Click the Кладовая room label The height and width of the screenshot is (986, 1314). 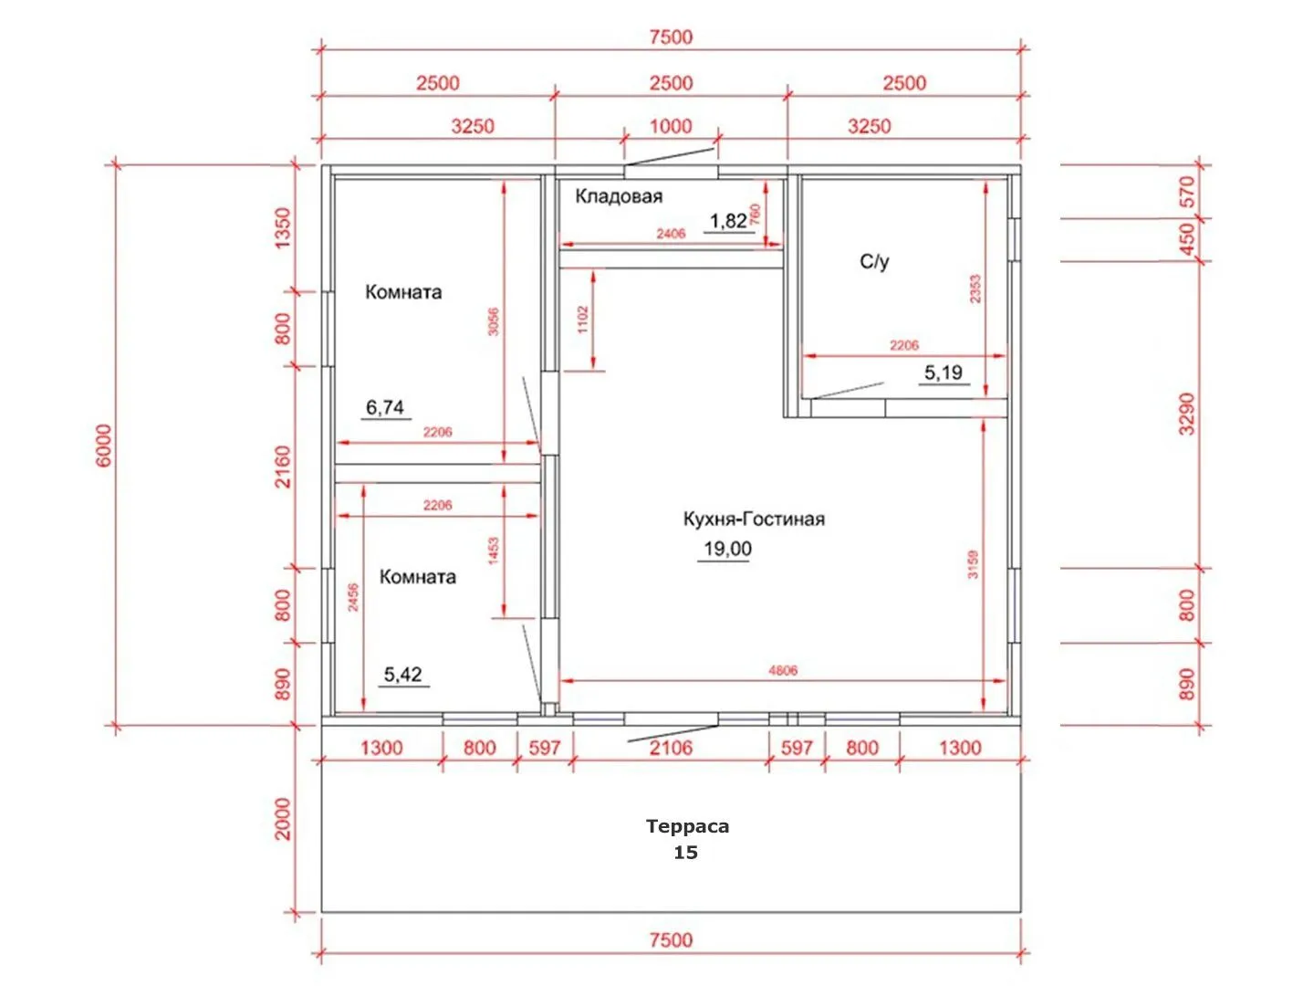[x=619, y=195]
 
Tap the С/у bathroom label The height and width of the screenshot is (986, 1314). [x=873, y=261]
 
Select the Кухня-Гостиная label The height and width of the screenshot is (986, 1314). [x=753, y=519]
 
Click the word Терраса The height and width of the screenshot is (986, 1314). [x=686, y=826]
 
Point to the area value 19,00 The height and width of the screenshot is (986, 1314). [x=726, y=549]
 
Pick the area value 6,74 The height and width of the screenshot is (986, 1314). [x=385, y=407]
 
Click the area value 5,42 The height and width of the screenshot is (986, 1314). [x=402, y=674]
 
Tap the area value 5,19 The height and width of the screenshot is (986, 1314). [x=943, y=372]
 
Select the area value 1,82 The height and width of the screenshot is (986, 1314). [x=728, y=221]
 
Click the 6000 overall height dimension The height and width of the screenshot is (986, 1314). [x=103, y=446]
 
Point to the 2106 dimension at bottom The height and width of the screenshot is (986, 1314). [x=671, y=748]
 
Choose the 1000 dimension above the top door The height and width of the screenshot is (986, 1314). [x=671, y=126]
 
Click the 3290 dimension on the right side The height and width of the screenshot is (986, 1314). [x=1186, y=414]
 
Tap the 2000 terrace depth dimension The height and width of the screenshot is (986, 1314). [x=282, y=819]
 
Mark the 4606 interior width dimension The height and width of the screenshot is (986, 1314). [x=782, y=670]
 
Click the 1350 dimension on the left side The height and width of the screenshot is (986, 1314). [x=282, y=228]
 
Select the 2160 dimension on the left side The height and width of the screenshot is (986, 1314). [x=282, y=467]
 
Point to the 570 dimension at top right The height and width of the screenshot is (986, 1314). [x=1186, y=192]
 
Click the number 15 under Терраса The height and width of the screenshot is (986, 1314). [x=685, y=853]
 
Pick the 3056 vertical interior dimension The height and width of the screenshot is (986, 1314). [x=493, y=321]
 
